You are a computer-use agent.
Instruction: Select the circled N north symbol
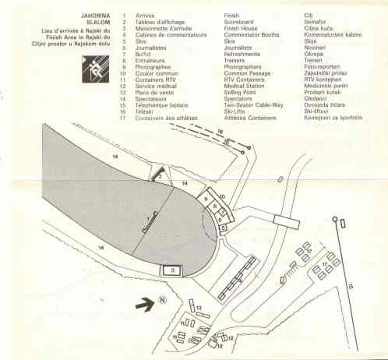pyautogui.click(x=164, y=300)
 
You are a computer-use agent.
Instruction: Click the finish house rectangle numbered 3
pyautogui.click(x=172, y=270)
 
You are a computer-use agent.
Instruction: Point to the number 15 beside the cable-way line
pyautogui.click(x=351, y=287)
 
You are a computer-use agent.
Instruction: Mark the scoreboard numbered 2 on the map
pyautogui.click(x=160, y=177)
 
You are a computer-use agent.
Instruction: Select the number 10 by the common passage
pyautogui.click(x=222, y=196)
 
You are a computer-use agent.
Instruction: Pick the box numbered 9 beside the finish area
pyautogui.click(x=206, y=200)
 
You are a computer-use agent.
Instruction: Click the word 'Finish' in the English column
pyautogui.click(x=231, y=14)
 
